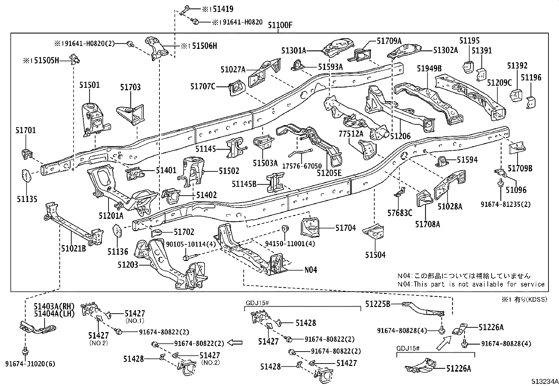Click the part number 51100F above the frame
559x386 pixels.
point(280,25)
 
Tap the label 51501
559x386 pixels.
point(90,85)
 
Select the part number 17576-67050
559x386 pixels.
point(302,166)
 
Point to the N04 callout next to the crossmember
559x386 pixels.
point(311,270)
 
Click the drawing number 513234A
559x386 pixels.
point(545,381)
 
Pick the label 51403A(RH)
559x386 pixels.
point(54,306)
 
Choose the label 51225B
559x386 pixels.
point(377,304)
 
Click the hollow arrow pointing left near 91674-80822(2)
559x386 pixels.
point(235,343)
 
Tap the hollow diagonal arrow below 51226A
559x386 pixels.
point(444,343)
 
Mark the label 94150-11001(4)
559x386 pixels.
point(290,243)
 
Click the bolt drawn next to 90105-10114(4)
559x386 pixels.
point(190,257)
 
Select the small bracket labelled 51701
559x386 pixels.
point(27,153)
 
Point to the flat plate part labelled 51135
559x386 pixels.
point(27,176)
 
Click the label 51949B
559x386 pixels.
point(429,68)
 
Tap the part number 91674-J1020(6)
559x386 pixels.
point(30,364)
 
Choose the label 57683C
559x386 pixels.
point(400,213)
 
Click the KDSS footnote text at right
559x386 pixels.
point(524,299)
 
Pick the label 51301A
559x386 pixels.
point(294,51)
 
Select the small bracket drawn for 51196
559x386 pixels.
point(531,102)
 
